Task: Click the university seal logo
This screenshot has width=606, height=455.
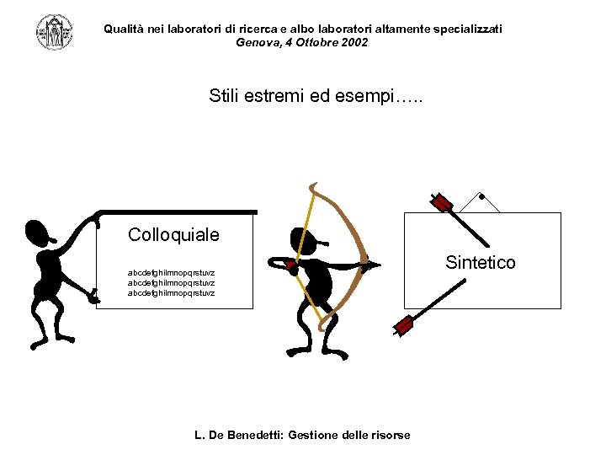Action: pos(54,32)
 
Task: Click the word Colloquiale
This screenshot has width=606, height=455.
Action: pos(173,235)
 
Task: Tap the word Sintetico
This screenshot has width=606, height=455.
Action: pos(480,263)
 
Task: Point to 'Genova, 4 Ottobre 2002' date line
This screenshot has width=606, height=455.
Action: pos(302,42)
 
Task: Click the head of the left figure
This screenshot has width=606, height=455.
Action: pos(40,233)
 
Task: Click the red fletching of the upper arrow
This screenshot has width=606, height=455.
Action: pos(442,203)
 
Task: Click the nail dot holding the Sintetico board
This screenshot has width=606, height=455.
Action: pos(481,198)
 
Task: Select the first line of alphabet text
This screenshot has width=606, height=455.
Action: pos(171,273)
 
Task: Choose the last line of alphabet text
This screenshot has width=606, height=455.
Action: pos(171,293)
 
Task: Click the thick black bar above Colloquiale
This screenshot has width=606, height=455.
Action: pos(177,212)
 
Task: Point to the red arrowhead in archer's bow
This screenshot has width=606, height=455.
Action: pos(290,265)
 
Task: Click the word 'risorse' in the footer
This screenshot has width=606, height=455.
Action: pos(389,436)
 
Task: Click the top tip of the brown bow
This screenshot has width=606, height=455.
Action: pos(313,185)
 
